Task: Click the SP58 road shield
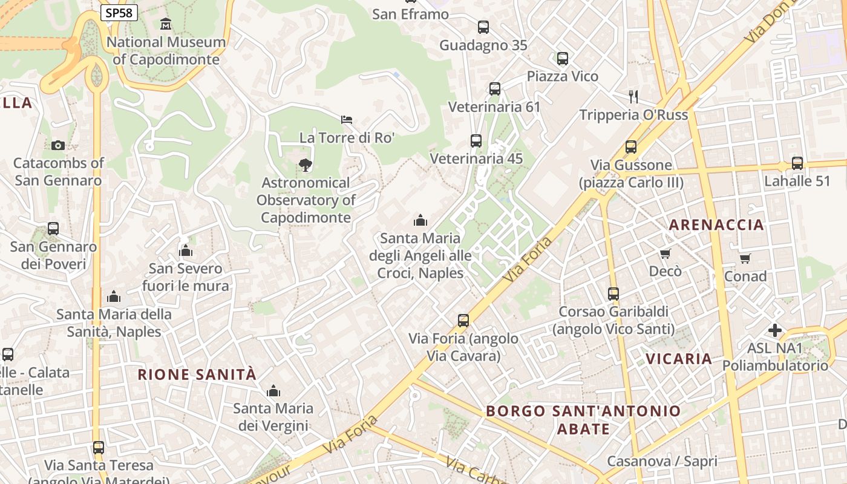[119, 13]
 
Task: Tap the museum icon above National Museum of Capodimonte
[166, 24]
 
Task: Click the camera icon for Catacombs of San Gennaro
[58, 145]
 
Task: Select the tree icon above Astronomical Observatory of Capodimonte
[306, 165]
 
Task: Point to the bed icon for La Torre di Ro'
[347, 120]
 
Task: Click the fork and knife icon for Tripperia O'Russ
[633, 96]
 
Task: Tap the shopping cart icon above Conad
[745, 259]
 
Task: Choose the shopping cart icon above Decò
[665, 253]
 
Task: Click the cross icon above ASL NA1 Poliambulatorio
[775, 330]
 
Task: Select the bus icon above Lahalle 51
[797, 163]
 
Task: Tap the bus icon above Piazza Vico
[563, 59]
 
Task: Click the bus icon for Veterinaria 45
[476, 141]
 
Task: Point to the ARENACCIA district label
[716, 225]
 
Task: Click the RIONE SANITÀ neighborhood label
[197, 374]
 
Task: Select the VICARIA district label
[679, 359]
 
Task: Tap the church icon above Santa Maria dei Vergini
[273, 391]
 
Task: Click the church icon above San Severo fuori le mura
[186, 250]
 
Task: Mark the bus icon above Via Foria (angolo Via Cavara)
[463, 321]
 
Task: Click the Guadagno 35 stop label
[483, 45]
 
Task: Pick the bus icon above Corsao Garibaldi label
[613, 294]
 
